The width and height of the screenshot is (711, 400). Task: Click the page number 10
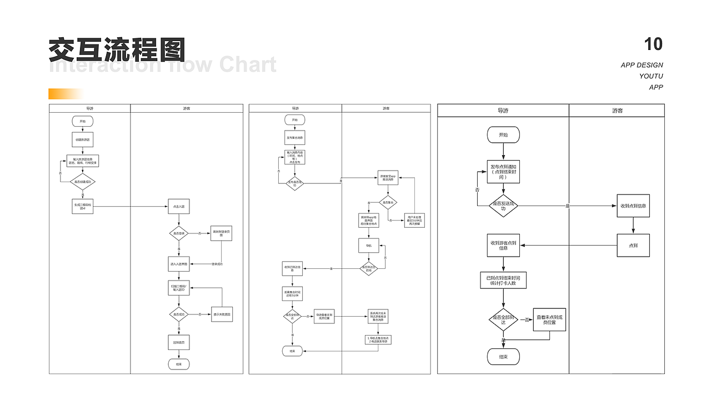click(653, 44)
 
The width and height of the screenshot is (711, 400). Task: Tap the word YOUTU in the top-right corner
click(650, 76)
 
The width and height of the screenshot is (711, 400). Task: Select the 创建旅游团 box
click(83, 139)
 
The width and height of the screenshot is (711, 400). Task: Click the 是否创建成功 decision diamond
click(83, 182)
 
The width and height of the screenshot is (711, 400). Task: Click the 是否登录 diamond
click(179, 233)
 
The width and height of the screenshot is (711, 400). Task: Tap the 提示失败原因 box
click(222, 314)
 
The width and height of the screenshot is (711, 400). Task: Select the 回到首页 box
click(179, 342)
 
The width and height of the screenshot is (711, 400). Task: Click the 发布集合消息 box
click(295, 138)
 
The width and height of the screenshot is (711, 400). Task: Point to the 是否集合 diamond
click(388, 203)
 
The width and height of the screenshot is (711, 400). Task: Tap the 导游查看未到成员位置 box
click(326, 316)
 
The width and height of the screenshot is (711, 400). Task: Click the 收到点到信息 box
click(633, 206)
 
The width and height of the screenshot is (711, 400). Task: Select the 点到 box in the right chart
click(633, 245)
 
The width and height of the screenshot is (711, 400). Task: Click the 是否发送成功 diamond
click(503, 206)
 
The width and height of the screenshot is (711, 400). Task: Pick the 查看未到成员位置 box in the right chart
click(549, 319)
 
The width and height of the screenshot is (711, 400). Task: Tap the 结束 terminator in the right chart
click(503, 357)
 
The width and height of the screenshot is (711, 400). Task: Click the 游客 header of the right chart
click(617, 111)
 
